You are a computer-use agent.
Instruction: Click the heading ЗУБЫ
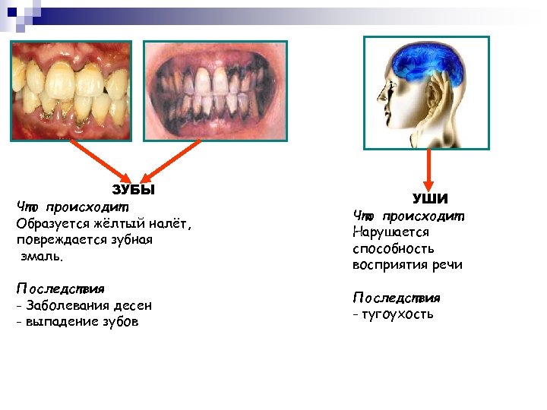click(133, 190)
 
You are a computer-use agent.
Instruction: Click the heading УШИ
click(430, 199)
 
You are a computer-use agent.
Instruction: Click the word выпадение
click(62, 321)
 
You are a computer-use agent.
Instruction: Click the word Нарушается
click(390, 232)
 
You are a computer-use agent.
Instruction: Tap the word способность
click(393, 248)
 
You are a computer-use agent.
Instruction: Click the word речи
click(446, 265)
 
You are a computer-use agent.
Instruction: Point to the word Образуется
click(52, 224)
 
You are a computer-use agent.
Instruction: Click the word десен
click(132, 305)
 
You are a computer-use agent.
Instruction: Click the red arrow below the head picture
click(429, 168)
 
